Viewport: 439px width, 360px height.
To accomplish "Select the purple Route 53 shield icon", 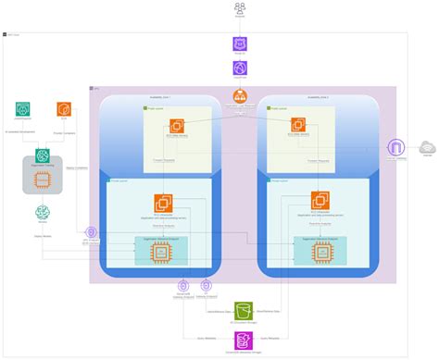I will pyautogui.click(x=241, y=43).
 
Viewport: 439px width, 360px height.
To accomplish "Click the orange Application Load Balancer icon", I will pyautogui.click(x=241, y=96).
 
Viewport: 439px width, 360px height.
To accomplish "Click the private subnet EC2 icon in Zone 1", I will pyautogui.click(x=165, y=201).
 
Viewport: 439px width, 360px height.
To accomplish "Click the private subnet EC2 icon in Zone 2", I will pyautogui.click(x=320, y=201).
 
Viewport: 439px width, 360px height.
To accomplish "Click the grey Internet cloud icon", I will pyautogui.click(x=428, y=148).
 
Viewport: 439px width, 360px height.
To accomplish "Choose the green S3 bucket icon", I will pyautogui.click(x=244, y=310).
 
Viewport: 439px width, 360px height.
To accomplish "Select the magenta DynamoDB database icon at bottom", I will pyautogui.click(x=244, y=341).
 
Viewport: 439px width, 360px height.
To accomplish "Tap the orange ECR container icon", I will pyautogui.click(x=64, y=109).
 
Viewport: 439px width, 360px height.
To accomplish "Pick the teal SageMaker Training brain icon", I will pyautogui.click(x=43, y=155).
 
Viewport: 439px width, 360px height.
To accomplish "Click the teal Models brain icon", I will pyautogui.click(x=43, y=214).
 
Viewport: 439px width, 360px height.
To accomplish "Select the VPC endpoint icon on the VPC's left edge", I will pyautogui.click(x=91, y=233).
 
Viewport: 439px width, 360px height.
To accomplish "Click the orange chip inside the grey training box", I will pyautogui.click(x=43, y=177).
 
